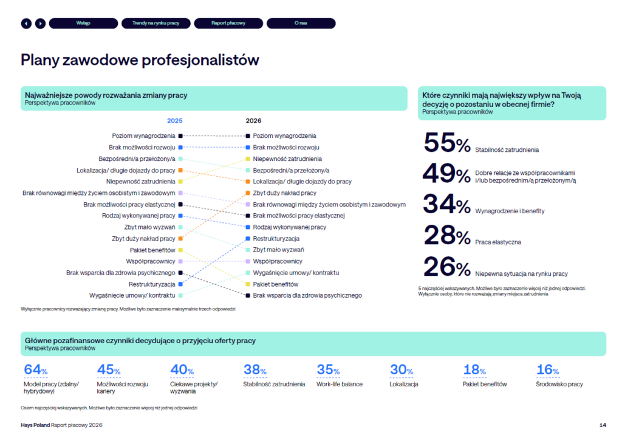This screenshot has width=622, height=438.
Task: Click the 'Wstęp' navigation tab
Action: pos(83,23)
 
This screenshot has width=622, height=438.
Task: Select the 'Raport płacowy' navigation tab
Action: pos(228,23)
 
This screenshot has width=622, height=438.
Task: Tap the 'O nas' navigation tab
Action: pos(301,23)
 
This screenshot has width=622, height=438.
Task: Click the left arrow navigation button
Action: pos(26,23)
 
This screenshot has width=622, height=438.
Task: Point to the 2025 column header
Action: pos(174,121)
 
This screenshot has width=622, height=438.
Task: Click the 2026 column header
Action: pos(253,121)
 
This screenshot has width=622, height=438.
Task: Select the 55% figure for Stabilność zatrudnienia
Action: pos(446,143)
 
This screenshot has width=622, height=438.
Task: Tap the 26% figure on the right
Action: pos(446,267)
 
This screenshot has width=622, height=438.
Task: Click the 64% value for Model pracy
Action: pos(35,369)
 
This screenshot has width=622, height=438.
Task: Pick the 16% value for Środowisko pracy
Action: pos(548,369)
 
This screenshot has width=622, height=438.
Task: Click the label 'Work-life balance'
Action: pos(340,384)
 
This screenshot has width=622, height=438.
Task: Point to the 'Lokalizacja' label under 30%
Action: pos(404,384)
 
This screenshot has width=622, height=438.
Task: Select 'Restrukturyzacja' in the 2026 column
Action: pos(276,239)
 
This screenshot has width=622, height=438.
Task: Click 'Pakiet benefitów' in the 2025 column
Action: pos(152,250)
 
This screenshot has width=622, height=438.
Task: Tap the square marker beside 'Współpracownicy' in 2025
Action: pos(180,261)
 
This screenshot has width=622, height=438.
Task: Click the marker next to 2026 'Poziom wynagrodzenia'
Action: pos(248,136)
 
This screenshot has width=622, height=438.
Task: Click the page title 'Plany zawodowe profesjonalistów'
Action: pos(140,60)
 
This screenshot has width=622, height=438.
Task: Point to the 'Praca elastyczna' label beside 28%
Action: pos(499,242)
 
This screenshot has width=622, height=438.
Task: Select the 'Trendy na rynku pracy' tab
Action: pos(155,23)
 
